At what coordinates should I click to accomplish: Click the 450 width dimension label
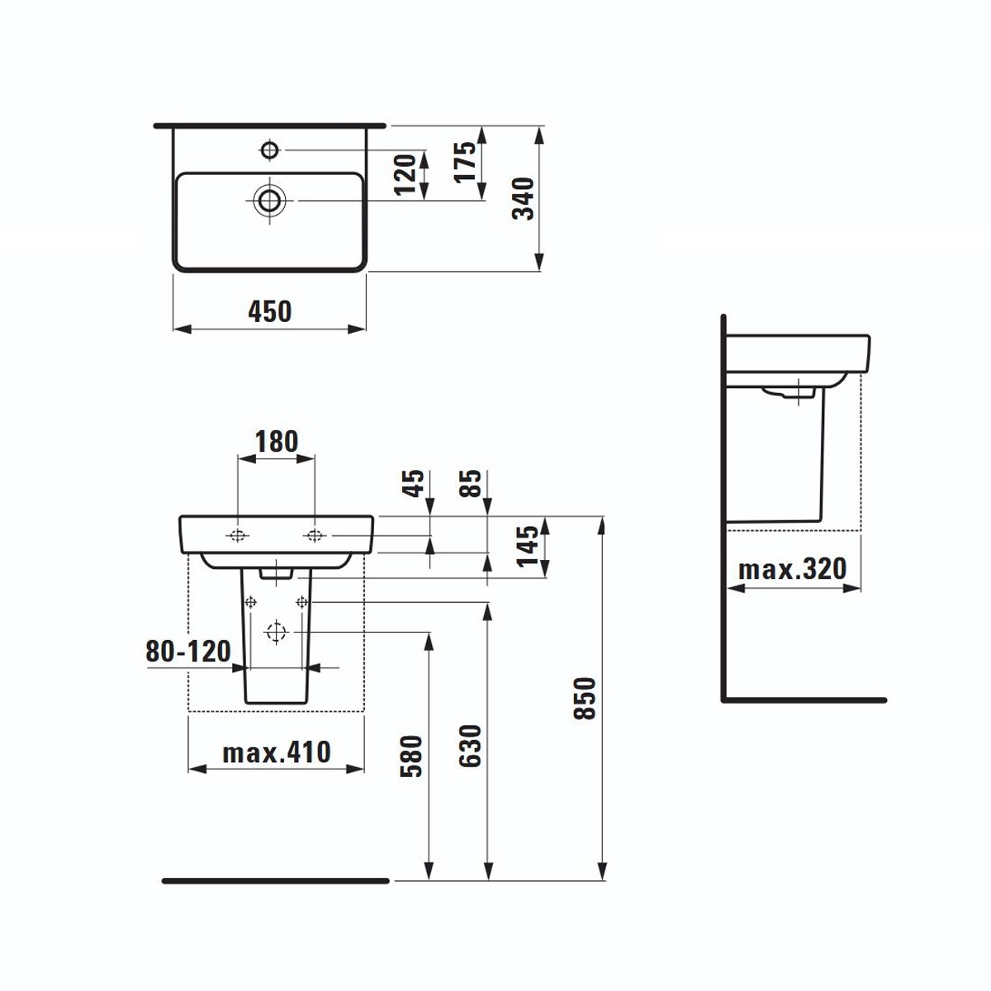[269, 311]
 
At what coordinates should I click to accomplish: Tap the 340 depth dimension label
[523, 198]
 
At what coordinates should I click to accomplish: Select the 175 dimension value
[465, 162]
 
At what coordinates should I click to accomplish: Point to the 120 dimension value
[405, 174]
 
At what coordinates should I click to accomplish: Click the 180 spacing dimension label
[277, 442]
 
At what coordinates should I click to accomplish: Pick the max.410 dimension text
[276, 753]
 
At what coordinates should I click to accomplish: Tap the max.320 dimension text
[793, 569]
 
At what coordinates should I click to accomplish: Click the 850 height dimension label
[585, 699]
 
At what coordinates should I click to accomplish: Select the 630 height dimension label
[470, 747]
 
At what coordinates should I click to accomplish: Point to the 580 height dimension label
[411, 756]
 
